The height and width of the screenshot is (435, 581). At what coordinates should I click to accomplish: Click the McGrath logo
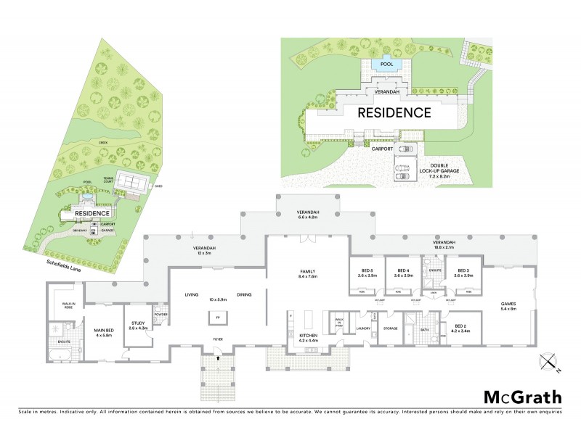523,397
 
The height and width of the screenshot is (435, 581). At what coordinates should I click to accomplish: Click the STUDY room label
138,326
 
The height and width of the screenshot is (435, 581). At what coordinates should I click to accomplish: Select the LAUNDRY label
363,328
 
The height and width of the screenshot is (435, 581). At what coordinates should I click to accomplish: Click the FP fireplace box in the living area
216,316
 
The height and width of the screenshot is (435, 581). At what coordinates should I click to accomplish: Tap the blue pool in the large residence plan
386,65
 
